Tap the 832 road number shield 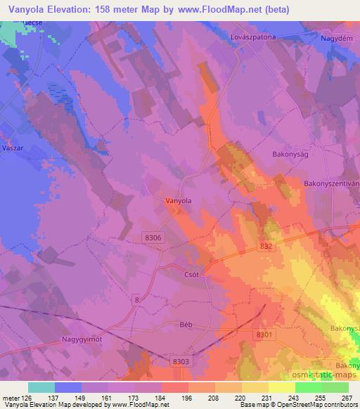264,246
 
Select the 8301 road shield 265,335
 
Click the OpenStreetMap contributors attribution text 321,405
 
